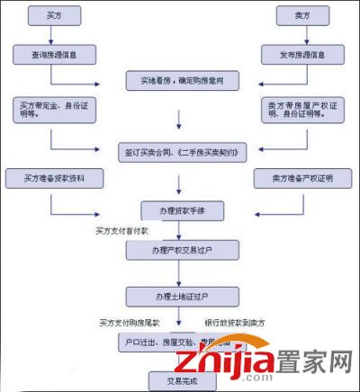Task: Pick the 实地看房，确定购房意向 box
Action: (180, 82)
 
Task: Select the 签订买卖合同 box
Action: (180, 149)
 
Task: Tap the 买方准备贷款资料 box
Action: (49, 177)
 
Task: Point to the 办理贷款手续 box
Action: (180, 210)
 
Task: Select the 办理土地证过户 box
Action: (180, 295)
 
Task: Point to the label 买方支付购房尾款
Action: (130, 321)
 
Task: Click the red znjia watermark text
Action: (235, 363)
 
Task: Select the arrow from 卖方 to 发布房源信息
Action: (301, 35)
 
